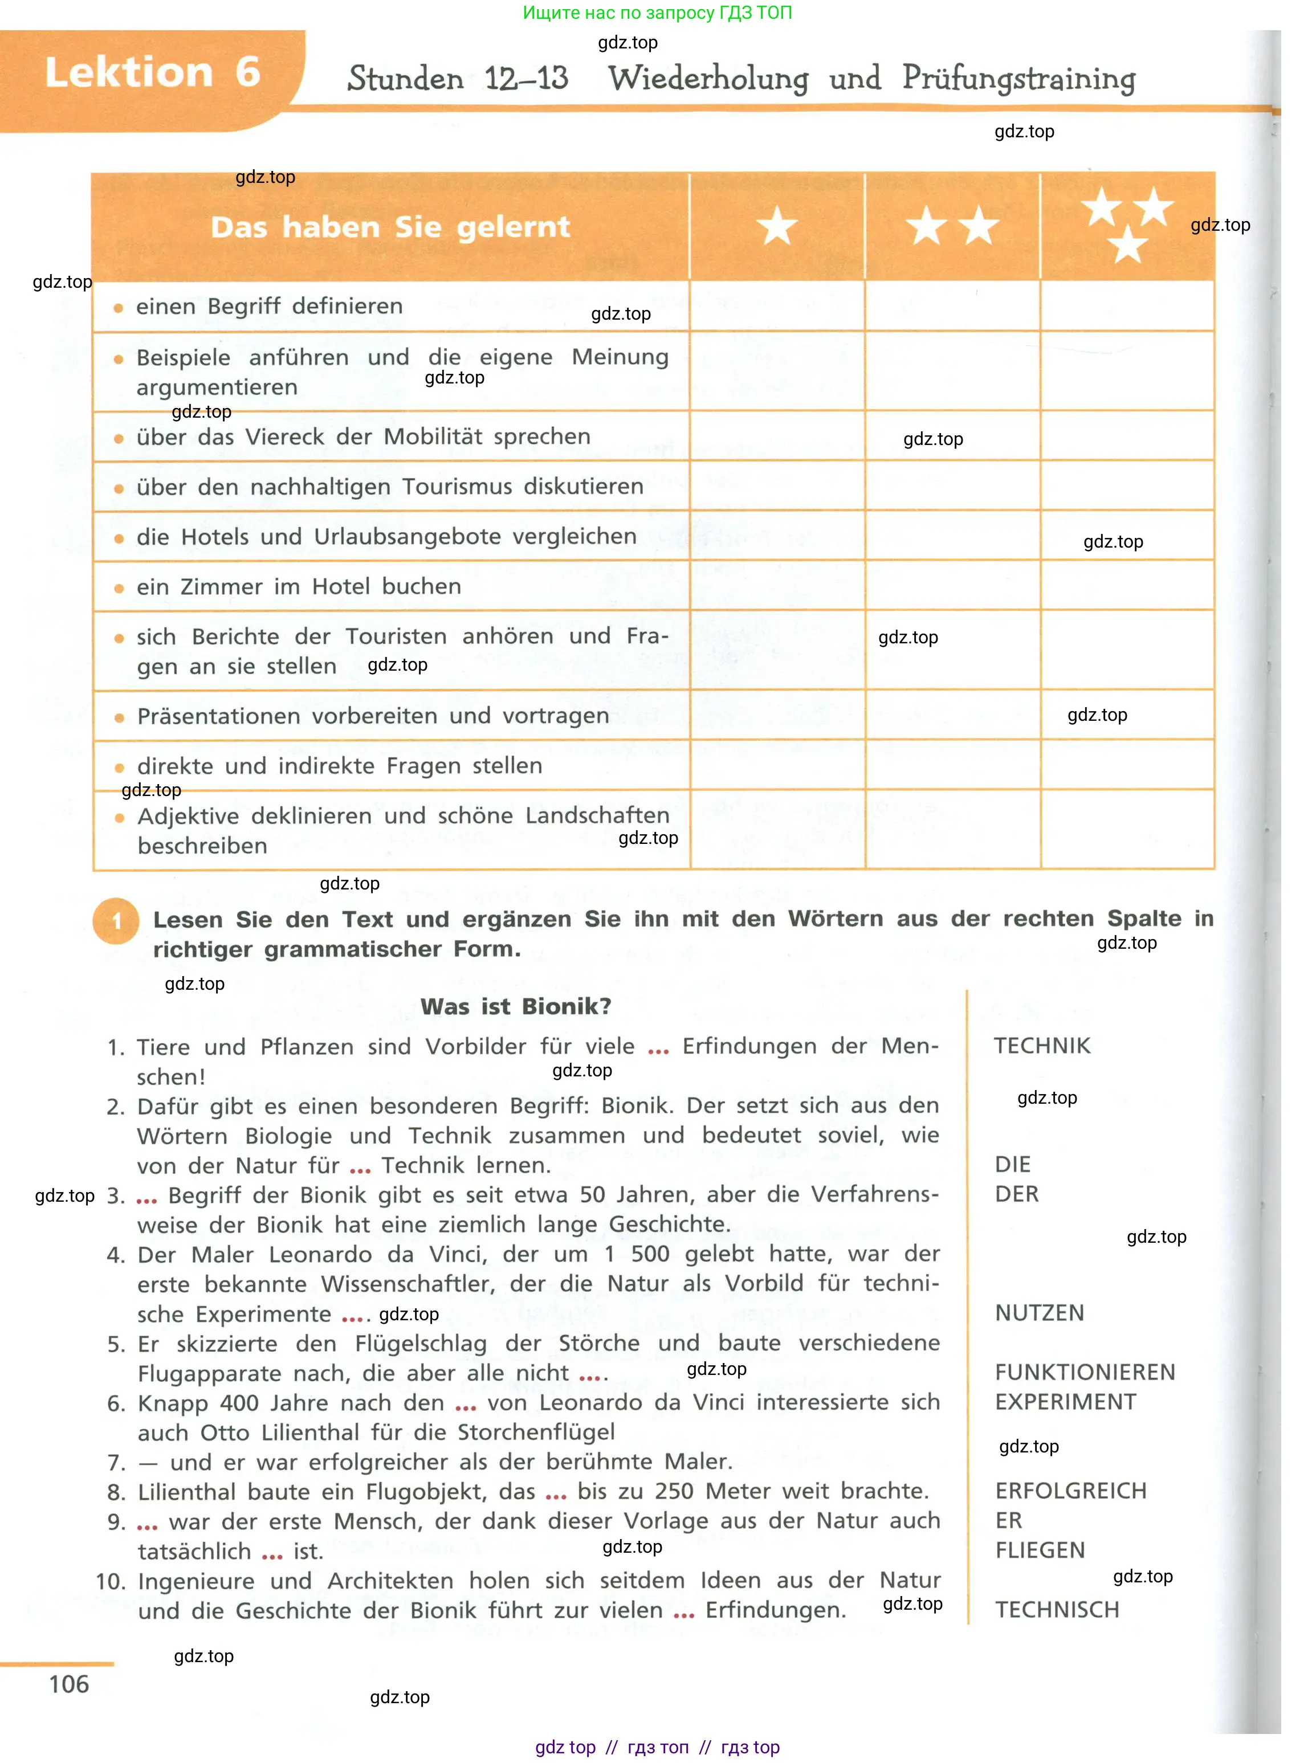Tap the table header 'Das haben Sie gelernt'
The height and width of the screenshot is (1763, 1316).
pos(390,227)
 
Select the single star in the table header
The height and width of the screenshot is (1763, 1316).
pos(777,226)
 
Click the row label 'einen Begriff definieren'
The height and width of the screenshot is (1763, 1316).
pos(269,307)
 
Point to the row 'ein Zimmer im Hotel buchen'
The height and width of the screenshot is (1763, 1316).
pos(299,587)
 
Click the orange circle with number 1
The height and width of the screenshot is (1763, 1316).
pos(116,921)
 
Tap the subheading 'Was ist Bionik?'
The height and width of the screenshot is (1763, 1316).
pos(515,1006)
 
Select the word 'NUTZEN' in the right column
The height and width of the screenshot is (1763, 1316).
pos(1039,1313)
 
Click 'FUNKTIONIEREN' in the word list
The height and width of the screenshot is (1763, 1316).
pos(1084,1372)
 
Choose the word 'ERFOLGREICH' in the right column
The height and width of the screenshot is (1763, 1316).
pos(1071,1491)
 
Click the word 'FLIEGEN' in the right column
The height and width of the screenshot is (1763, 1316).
pos(1040,1550)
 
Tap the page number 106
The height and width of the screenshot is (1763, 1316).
pos(70,1684)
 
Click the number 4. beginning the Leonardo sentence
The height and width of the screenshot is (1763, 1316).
pos(116,1256)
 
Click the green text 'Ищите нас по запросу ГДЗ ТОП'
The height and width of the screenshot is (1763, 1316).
pos(657,13)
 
